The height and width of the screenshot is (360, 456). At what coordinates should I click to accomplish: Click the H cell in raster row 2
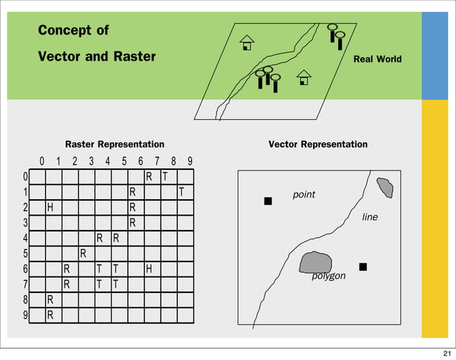click(50, 207)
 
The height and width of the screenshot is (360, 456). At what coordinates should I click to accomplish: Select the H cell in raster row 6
click(149, 269)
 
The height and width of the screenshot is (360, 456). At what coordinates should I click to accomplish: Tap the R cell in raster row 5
click(83, 254)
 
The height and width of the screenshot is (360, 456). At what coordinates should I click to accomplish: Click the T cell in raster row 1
click(182, 191)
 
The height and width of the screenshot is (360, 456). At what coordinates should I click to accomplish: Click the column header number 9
click(189, 161)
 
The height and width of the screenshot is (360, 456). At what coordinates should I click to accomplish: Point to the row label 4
click(25, 239)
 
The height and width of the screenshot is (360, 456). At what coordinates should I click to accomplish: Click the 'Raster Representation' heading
click(114, 144)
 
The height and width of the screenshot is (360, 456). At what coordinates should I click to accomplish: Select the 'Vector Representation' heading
click(317, 144)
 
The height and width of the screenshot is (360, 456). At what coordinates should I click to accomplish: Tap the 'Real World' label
click(377, 59)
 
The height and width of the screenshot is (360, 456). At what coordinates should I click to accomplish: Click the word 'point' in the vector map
click(304, 194)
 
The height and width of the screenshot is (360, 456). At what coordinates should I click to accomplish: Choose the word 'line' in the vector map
click(370, 216)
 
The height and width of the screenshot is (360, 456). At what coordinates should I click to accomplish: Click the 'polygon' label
click(329, 276)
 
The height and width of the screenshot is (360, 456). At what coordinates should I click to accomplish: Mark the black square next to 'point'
click(268, 201)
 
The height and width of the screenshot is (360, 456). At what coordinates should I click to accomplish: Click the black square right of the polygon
click(363, 266)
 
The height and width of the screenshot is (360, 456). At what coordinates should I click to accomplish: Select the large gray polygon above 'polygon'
click(317, 262)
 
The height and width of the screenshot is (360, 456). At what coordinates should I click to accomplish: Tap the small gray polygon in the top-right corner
click(385, 187)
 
